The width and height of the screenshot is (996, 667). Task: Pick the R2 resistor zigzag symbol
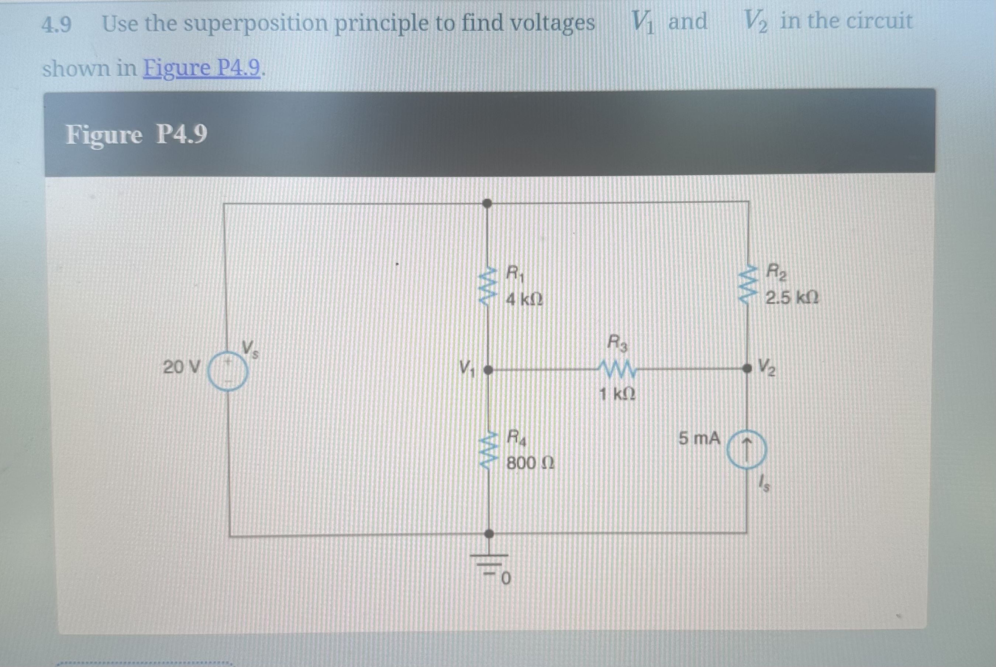[747, 284]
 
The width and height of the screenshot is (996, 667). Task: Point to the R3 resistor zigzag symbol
[617, 369]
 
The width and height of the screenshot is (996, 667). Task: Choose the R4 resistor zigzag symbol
[488, 450]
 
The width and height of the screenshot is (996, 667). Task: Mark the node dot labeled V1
[488, 371]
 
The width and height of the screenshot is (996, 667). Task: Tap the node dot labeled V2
[747, 368]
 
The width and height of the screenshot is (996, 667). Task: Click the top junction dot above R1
[487, 203]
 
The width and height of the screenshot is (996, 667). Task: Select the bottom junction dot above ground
[489, 533]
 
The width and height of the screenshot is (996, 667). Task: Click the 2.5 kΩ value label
[792, 298]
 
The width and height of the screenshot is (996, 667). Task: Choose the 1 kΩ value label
[617, 395]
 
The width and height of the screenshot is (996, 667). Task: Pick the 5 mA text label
[699, 438]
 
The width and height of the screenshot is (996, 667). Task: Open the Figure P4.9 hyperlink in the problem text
[201, 68]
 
